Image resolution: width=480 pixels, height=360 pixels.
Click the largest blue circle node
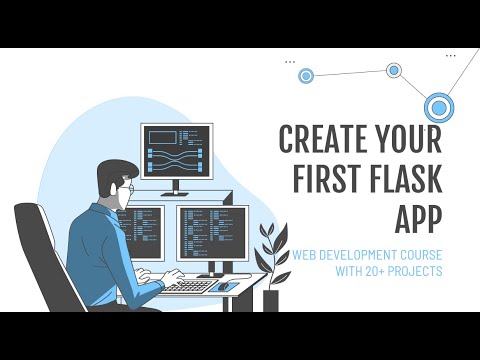(x=439, y=106)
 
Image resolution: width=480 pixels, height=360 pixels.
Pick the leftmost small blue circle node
(x=306, y=75)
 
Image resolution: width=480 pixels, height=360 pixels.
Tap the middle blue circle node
(x=394, y=70)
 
